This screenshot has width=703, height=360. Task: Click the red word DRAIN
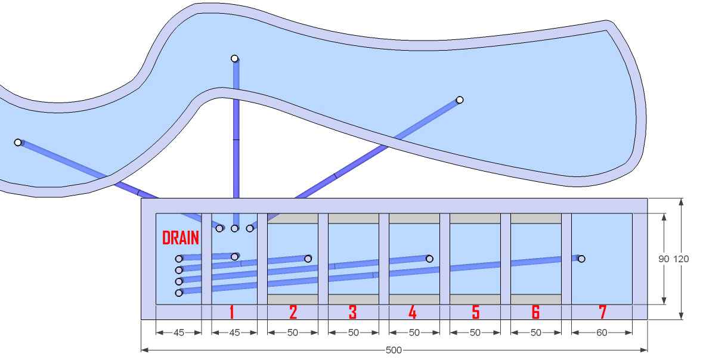pos(180,238)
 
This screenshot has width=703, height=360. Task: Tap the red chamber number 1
pos(231,312)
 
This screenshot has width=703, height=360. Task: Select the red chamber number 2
pos(293,312)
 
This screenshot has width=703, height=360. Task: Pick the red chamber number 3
pos(353,312)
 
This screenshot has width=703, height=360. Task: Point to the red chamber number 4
pos(413,312)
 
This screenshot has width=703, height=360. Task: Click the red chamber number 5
pos(476,312)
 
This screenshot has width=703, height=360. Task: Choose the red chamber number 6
pos(535,312)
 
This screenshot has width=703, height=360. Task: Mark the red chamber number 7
pos(602,312)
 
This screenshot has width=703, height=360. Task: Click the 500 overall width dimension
pos(394,350)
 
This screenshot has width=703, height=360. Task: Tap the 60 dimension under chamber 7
pos(602,333)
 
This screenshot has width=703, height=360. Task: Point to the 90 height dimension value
pos(664,259)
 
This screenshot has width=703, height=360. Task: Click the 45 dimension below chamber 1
pos(234,333)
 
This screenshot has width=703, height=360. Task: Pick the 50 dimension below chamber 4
pos(414,333)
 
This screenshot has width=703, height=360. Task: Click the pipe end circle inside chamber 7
pos(581,259)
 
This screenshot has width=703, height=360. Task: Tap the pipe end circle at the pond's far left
pos(18,142)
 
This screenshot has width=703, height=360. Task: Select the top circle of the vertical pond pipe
pos(234,58)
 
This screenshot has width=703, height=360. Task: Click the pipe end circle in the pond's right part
pos(460,100)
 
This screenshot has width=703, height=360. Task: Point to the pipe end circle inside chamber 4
pos(429,259)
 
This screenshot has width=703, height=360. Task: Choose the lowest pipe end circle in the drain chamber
pos(179,293)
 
